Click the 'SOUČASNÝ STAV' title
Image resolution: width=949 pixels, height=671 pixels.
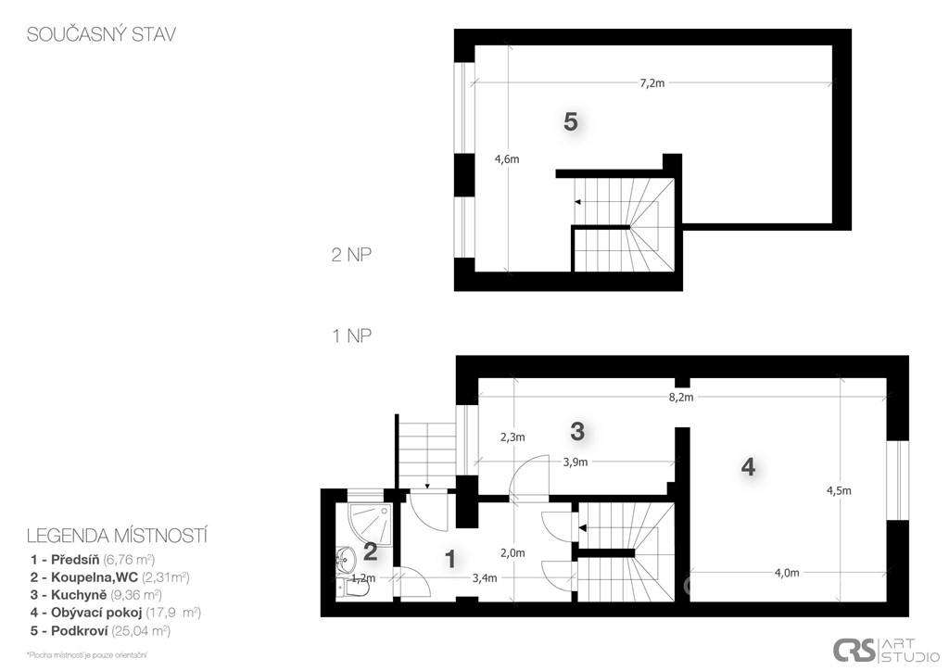[101, 34]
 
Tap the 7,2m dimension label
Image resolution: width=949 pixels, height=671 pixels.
[652, 83]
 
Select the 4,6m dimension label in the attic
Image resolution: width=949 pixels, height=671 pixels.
[507, 159]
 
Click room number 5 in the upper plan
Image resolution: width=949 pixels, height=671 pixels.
[571, 121]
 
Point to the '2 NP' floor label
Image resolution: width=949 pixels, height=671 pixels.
[351, 255]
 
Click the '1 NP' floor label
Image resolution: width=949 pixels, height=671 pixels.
[351, 335]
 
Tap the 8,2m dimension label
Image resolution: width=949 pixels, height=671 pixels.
[681, 398]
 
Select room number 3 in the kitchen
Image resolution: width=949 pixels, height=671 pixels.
[577, 431]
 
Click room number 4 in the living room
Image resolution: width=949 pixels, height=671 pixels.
[748, 467]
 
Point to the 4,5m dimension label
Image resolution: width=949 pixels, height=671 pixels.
[839, 490]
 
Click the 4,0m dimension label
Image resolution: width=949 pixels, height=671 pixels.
[787, 574]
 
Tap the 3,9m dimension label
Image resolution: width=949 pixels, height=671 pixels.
[575, 462]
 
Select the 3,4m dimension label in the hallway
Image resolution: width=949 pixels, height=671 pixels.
[485, 578]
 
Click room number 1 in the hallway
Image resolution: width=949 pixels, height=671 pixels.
[449, 560]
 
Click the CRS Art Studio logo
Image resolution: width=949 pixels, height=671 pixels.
[886, 651]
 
